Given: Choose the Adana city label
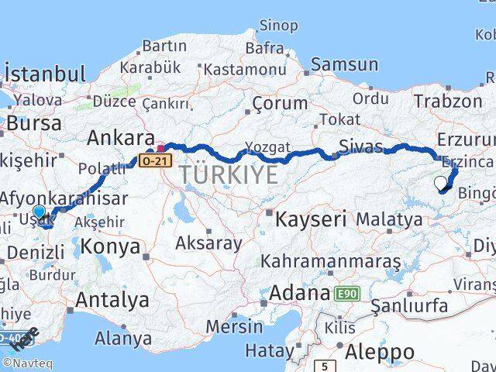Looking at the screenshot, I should click(300, 294).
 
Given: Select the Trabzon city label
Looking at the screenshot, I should click(447, 101).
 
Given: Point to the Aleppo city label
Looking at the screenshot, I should click(381, 350).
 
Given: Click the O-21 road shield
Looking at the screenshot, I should click(150, 160).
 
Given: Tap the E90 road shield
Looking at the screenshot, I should click(346, 294).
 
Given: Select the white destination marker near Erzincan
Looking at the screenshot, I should click(441, 183).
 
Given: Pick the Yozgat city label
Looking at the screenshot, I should click(267, 147).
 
